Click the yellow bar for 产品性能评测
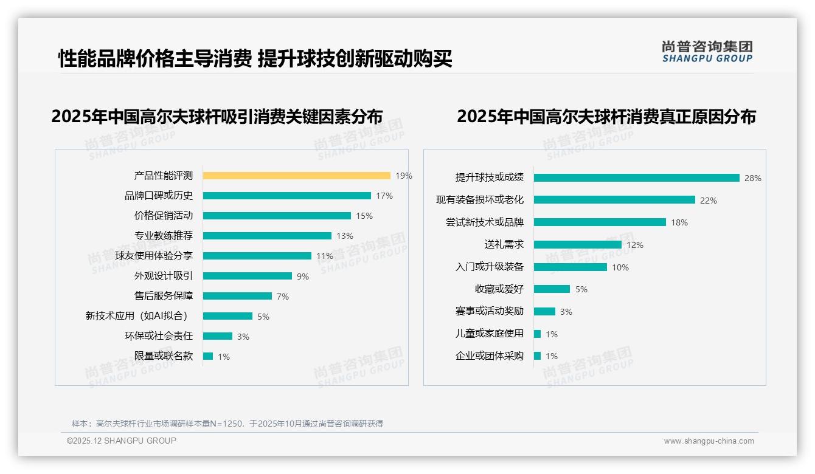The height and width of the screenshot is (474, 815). click(296, 176)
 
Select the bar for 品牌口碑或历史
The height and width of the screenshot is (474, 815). click(286, 196)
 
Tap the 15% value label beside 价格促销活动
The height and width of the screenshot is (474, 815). click(364, 216)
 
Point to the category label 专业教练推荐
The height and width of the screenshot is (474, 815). click(163, 236)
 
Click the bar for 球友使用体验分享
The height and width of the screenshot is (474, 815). click(257, 256)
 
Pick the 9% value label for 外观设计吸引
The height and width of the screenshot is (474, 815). click(302, 276)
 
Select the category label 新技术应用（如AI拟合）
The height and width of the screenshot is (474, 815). click(139, 316)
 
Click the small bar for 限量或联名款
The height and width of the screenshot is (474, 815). click(208, 356)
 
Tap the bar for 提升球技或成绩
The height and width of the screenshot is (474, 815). click(636, 177)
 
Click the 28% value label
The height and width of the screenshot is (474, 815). click(752, 178)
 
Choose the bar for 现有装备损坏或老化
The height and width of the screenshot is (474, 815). click(614, 200)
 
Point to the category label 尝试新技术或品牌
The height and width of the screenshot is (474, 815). click(484, 222)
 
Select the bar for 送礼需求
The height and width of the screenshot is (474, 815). click(577, 244)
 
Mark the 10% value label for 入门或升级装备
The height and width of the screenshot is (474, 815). click(620, 267)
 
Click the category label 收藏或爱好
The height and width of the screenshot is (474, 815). click(499, 289)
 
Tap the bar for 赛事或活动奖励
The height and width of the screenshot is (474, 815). click(544, 311)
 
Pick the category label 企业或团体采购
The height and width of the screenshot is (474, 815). click(489, 356)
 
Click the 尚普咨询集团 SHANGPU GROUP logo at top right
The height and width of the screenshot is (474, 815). click(707, 51)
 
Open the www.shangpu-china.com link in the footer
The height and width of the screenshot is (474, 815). click(709, 441)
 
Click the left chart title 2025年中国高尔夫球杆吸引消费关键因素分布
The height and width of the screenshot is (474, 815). click(217, 117)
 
